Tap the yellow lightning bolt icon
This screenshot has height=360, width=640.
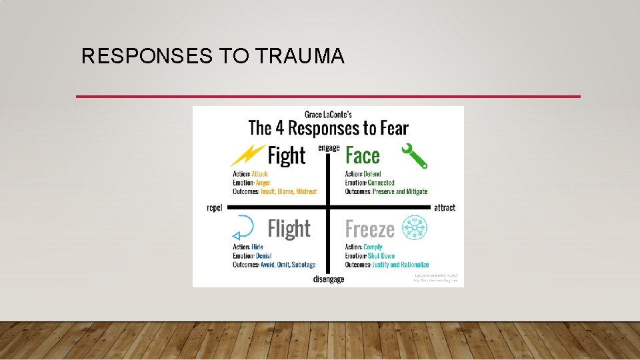coord(247,155)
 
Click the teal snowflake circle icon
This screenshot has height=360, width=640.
coord(414,228)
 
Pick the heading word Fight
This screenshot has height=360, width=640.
coord(287,156)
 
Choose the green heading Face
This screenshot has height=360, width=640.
coord(363,156)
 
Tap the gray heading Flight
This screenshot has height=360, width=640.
coord(289,229)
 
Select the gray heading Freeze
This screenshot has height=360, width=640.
coord(370,229)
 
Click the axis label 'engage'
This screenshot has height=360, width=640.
coord(329,147)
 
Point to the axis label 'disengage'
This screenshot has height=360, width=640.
coord(329,279)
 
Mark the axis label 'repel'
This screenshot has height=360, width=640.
coord(215,208)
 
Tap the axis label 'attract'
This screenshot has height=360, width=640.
coord(445,208)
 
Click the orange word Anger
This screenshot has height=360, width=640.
coord(263,183)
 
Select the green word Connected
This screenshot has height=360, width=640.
coord(381,183)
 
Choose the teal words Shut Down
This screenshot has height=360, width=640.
coord(381,256)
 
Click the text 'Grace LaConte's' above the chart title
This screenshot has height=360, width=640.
coord(328,113)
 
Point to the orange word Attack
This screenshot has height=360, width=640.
coord(260,174)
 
